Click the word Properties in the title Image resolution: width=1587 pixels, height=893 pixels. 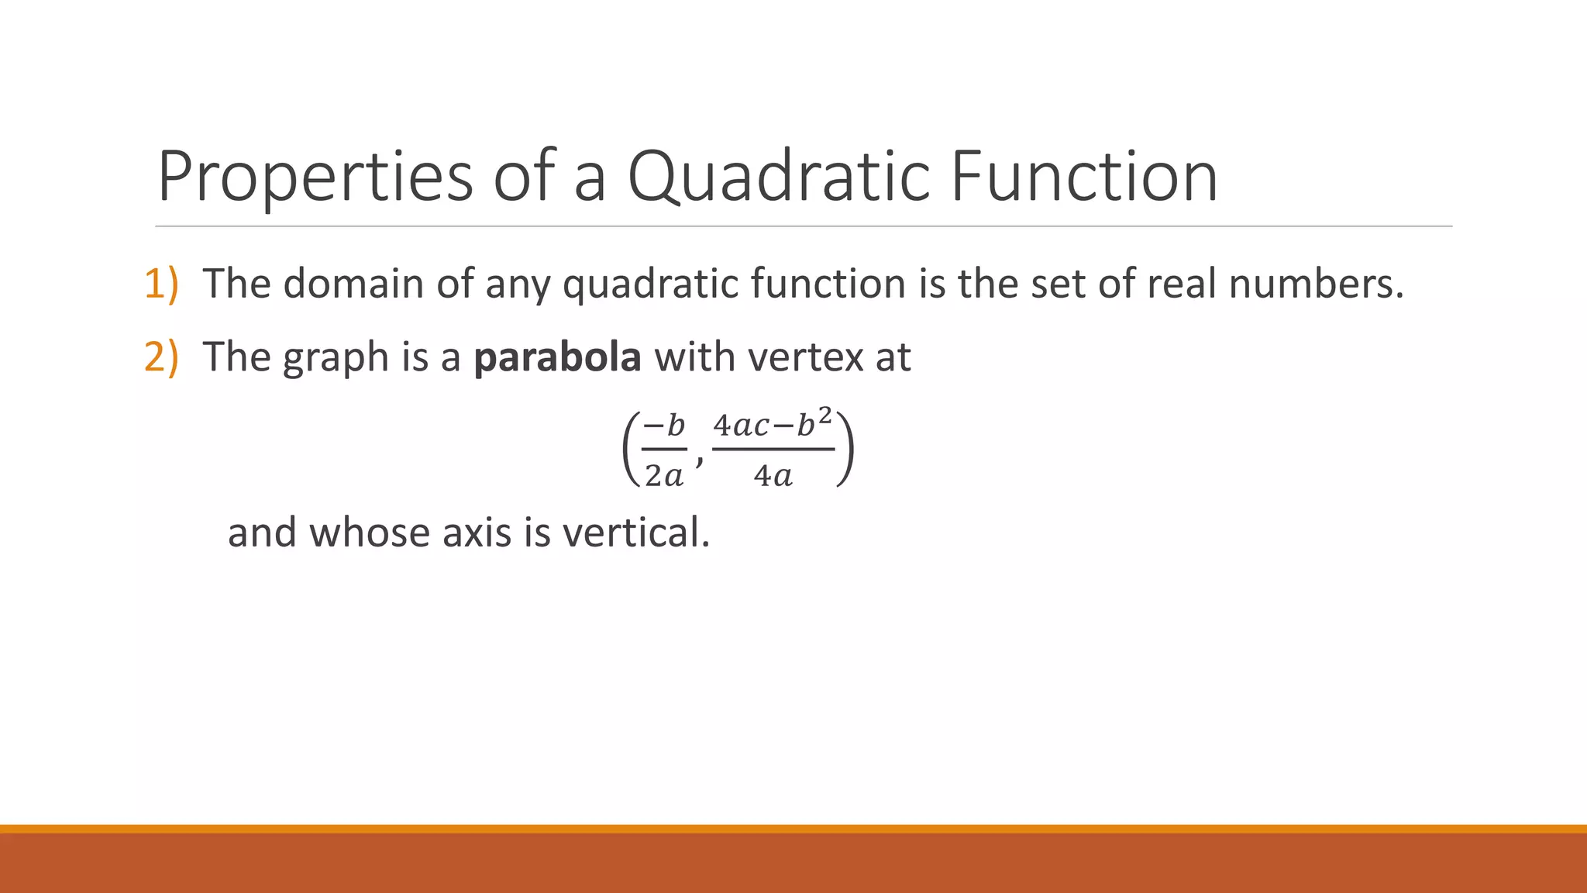tap(315, 178)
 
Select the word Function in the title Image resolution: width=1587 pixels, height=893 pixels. tap(1083, 177)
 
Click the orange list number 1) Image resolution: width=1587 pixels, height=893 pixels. tap(161, 284)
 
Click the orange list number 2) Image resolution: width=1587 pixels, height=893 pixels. tap(161, 357)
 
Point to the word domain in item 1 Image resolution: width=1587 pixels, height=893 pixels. tap(353, 284)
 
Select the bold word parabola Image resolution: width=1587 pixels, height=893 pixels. tap(557, 358)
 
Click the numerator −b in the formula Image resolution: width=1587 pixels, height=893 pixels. tap(664, 425)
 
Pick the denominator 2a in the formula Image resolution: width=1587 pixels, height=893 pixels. tap(664, 475)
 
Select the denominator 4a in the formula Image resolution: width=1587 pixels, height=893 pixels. tap(773, 475)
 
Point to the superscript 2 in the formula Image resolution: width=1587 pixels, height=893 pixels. tap(825, 415)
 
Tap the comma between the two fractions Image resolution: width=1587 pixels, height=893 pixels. tap(700, 460)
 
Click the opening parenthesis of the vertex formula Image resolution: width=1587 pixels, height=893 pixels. tap(630, 450)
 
